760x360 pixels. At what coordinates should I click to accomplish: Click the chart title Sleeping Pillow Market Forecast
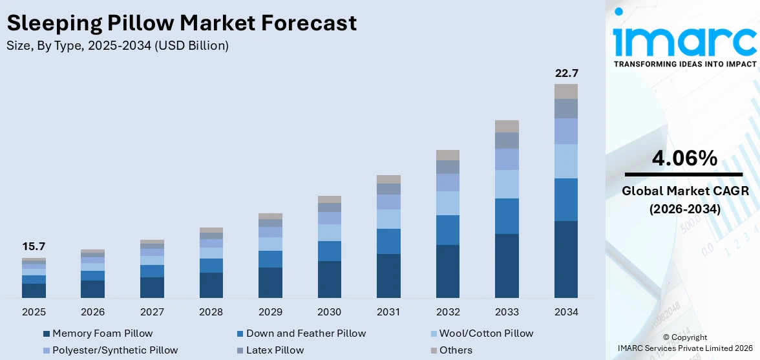(181, 23)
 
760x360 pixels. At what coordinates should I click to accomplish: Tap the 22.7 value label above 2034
(566, 73)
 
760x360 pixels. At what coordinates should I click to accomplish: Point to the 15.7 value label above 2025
(34, 246)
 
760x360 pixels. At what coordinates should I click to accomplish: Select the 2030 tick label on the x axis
(329, 312)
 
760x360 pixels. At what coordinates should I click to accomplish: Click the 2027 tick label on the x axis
(152, 312)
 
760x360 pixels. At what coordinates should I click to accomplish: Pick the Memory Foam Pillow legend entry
(102, 334)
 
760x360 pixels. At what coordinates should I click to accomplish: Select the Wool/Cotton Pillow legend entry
(486, 334)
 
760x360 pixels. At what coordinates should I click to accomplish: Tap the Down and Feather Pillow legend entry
(306, 334)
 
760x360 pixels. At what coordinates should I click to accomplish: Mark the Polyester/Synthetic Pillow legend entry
(115, 350)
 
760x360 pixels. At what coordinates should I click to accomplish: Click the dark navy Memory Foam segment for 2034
(566, 259)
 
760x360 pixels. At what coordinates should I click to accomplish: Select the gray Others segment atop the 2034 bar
(566, 91)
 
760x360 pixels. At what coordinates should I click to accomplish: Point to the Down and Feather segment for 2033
(507, 216)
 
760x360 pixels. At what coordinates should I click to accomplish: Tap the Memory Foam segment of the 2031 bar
(388, 276)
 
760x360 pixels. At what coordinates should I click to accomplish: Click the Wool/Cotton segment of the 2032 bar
(448, 203)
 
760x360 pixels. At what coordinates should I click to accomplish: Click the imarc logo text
(684, 40)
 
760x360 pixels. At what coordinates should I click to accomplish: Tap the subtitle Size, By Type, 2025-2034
(118, 46)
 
